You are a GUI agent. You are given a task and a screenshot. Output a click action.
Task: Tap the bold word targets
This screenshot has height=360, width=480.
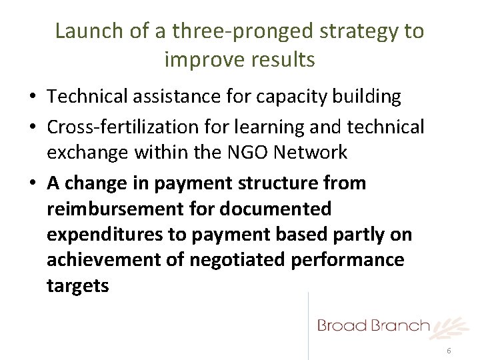point(78,287)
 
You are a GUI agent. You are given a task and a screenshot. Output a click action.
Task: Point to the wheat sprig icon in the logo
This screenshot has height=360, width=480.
point(447,327)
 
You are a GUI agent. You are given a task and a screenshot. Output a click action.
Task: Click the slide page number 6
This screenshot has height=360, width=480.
point(449,351)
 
